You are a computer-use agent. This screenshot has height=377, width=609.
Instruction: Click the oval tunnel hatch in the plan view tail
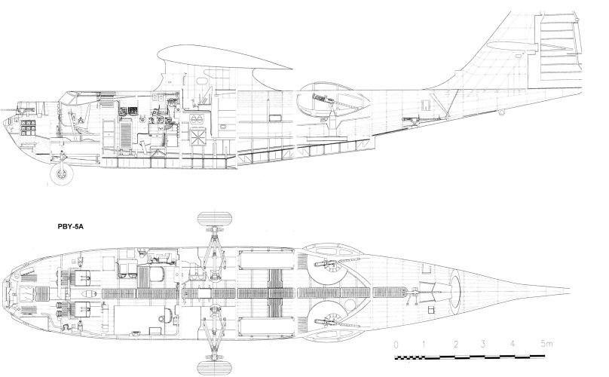point(455,289)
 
